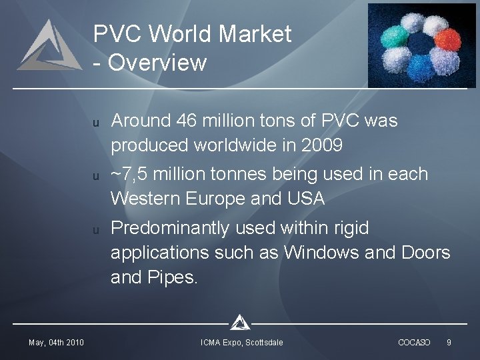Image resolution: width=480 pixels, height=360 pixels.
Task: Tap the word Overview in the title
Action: (157, 63)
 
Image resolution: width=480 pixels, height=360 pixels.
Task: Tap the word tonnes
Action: (241, 175)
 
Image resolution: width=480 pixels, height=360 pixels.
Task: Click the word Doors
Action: (426, 253)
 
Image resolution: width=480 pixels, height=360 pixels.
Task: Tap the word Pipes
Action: (174, 277)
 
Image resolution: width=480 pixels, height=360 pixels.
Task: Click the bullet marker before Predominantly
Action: (96, 231)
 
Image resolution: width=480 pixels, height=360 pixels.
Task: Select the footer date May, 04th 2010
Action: (56, 342)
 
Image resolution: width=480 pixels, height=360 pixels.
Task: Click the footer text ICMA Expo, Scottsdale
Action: (242, 342)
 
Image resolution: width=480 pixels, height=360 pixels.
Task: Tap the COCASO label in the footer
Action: (414, 342)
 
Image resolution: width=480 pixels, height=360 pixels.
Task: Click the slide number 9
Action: (449, 342)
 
